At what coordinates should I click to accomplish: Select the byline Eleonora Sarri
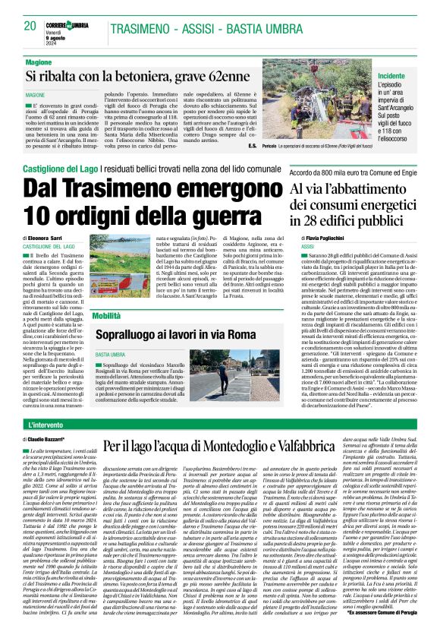47,238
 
